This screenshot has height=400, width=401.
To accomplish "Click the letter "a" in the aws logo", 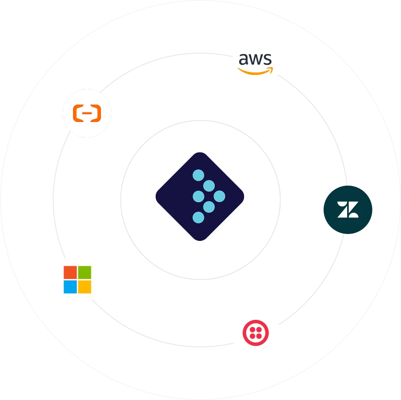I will click(x=244, y=59).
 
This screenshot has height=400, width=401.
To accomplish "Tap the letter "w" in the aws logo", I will click(x=256, y=59).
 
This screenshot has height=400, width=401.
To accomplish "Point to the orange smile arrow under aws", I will click(x=256, y=71).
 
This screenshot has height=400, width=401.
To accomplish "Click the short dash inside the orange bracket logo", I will click(x=87, y=113).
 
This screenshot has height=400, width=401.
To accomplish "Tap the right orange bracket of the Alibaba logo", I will click(x=96, y=114).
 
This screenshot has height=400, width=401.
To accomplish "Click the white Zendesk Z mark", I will click(x=348, y=210).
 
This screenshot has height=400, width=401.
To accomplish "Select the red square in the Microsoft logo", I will click(x=70, y=272).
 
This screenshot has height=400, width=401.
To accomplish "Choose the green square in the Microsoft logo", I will click(x=84, y=272).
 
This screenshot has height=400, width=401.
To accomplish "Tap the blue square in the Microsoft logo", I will click(x=70, y=287).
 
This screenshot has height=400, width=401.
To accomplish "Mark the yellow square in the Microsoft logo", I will click(x=84, y=287).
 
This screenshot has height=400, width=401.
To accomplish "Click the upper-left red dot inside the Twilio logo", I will click(x=252, y=329).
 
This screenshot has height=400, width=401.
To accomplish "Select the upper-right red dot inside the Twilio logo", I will click(x=260, y=329).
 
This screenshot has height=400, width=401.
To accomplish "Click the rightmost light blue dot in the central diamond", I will click(x=220, y=197).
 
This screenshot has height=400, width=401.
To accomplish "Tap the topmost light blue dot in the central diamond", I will click(x=198, y=176).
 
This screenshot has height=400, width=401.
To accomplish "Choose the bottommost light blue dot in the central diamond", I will click(x=198, y=217).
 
